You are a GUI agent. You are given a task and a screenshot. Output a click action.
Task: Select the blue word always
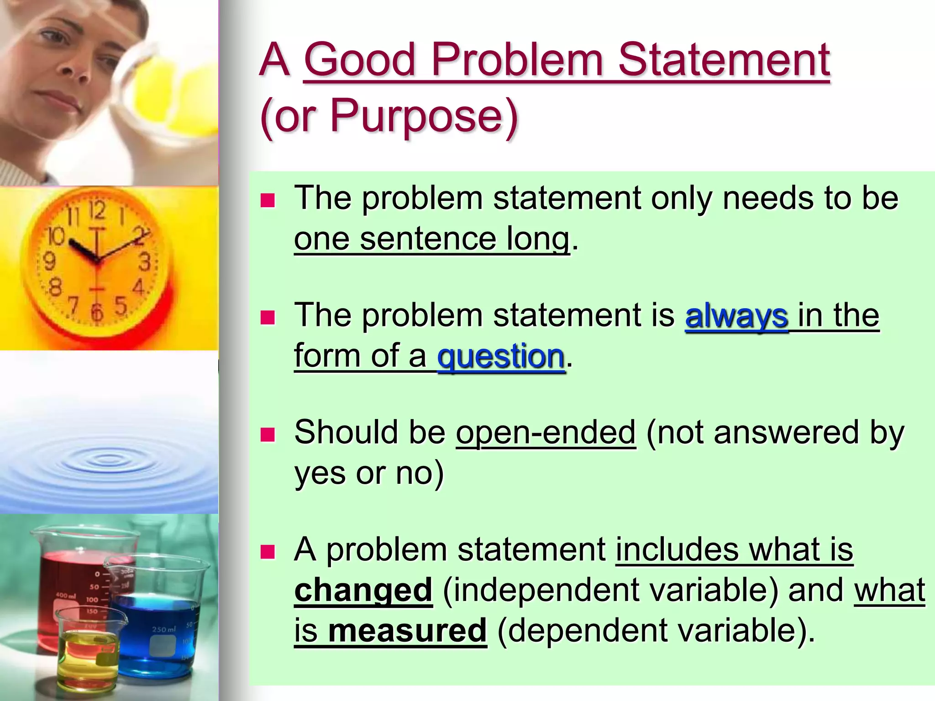pos(736,316)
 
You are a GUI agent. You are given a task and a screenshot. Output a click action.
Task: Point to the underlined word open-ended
pos(546,432)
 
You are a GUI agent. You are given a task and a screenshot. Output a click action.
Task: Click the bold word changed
pos(363,590)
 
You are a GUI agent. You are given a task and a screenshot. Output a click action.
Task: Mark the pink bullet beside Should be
pos(268,434)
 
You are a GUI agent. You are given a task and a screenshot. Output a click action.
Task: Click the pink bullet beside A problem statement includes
pos(268,552)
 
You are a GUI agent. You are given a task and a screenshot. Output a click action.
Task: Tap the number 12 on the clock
pos(97,210)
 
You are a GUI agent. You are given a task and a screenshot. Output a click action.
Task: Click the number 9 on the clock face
pos(49,262)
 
